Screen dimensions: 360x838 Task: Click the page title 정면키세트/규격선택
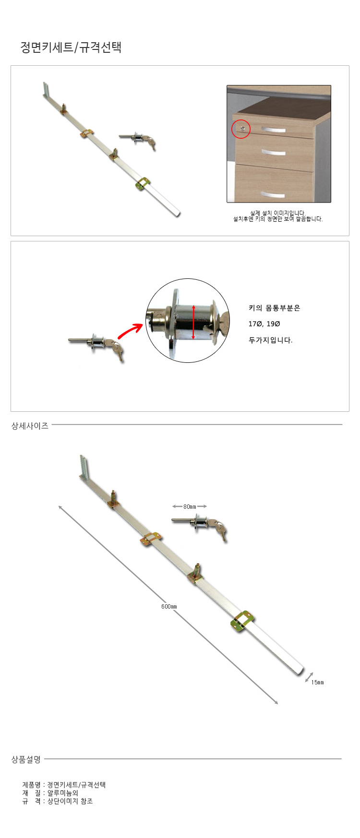(x=71, y=47)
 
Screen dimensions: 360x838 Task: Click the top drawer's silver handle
(x=273, y=130)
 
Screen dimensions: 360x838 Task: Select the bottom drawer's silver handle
(x=273, y=194)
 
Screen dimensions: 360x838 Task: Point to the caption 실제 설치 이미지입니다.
(x=278, y=213)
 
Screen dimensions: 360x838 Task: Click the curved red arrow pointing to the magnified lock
(x=130, y=331)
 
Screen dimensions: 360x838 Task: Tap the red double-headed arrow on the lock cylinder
(x=193, y=322)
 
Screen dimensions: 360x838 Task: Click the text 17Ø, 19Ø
(x=264, y=324)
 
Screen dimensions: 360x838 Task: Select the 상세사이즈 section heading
(x=30, y=426)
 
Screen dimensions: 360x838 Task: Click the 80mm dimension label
(x=190, y=506)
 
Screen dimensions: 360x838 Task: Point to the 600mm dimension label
(x=169, y=607)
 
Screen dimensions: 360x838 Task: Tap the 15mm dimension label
(x=317, y=682)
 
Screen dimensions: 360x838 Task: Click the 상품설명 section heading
(x=26, y=759)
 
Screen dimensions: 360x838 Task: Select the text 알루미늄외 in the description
(x=62, y=793)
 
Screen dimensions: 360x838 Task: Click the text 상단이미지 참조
(x=70, y=801)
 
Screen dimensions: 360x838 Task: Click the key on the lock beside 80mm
(x=221, y=531)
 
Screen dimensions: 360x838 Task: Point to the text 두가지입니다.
(x=270, y=340)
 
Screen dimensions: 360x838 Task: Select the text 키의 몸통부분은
(x=274, y=308)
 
